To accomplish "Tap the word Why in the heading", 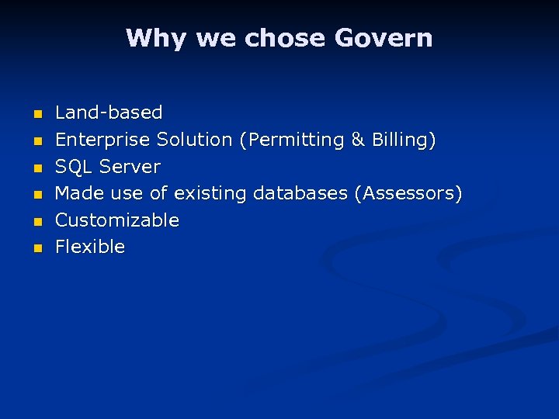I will (158, 38).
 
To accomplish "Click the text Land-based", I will (109, 113).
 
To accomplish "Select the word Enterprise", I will (102, 140).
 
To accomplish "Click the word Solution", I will (194, 140).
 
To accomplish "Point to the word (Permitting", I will (292, 140).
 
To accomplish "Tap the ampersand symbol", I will (358, 140).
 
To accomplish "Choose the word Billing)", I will (404, 140).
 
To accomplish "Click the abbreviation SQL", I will (74, 167).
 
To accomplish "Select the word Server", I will (130, 167).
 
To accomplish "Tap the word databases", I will (300, 193).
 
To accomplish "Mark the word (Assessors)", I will (408, 194).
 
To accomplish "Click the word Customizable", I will (117, 220).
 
